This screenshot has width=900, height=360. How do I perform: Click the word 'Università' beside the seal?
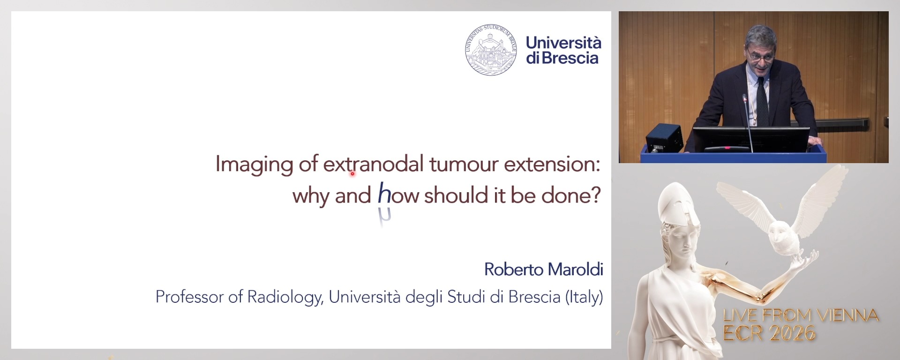[x=563, y=43]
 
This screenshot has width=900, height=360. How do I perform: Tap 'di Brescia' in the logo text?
[x=562, y=58]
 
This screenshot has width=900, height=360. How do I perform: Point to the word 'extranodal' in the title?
[x=373, y=164]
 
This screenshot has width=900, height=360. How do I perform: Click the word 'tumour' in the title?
[x=464, y=164]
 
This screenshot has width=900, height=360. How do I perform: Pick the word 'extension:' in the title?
[x=552, y=164]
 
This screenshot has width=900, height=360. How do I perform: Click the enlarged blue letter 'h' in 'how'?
[x=384, y=194]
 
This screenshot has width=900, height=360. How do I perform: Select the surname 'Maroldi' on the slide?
[x=575, y=270]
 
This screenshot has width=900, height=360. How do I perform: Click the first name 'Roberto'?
[x=514, y=270]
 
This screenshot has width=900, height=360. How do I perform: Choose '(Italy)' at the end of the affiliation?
[x=584, y=297]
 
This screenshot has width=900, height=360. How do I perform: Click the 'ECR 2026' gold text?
[x=769, y=333]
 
